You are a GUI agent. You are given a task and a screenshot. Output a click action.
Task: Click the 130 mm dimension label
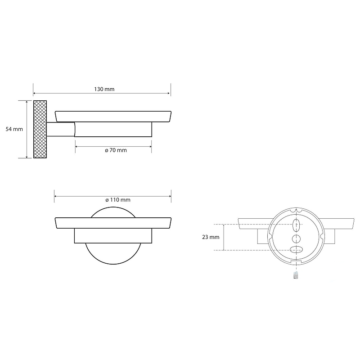104,89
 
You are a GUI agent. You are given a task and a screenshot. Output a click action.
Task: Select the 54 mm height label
14,129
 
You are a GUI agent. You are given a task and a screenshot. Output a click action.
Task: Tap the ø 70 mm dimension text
116,150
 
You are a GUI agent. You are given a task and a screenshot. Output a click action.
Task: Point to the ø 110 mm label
118,200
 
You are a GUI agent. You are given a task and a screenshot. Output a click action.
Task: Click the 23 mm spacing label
211,237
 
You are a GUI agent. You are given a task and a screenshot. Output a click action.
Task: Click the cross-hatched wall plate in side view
40,129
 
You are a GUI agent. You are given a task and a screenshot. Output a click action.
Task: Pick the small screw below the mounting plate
296,275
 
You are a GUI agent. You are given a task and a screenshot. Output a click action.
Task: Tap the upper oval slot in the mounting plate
296,224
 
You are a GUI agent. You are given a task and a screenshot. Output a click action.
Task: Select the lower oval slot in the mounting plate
296,250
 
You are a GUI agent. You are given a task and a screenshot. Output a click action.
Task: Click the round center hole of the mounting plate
296,239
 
